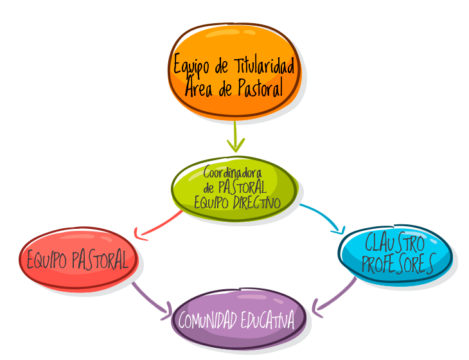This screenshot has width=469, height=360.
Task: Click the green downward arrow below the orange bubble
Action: [235, 137]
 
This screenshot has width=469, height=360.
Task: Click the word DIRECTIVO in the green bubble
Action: [256, 203]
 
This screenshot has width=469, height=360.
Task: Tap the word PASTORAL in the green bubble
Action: [242, 188]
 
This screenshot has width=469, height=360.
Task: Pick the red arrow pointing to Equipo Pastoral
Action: [157, 226]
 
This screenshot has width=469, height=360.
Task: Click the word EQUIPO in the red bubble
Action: [47, 260]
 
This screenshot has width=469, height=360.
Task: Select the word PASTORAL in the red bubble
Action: [103, 260]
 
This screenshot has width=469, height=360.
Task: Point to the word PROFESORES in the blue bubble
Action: [397, 264]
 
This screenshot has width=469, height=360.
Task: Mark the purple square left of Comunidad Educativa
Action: [150, 297]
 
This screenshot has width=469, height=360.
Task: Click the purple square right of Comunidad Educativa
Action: [335, 295]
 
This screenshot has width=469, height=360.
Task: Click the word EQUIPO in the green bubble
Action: [212, 203]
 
